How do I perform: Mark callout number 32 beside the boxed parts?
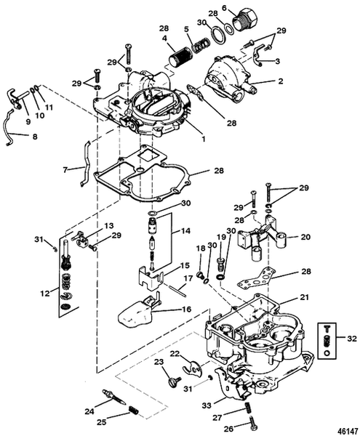(x=353, y=339)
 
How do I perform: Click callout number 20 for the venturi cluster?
(x=305, y=237)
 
